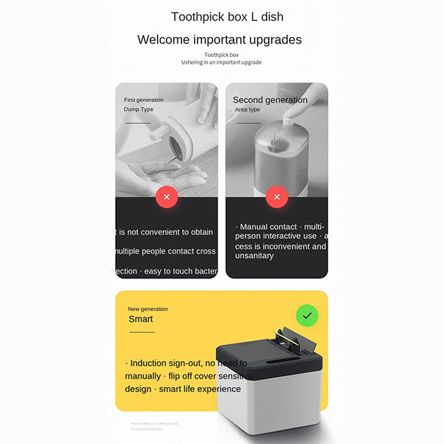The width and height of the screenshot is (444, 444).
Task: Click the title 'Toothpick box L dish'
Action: coord(227,17)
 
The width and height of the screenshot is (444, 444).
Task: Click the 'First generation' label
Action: coord(144,100)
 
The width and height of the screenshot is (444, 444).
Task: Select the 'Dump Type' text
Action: coord(139,109)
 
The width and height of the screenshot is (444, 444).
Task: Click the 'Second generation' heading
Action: coord(270,100)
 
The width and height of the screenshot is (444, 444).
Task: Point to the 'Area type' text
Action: coord(248,110)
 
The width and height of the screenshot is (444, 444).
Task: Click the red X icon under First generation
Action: coord(167,197)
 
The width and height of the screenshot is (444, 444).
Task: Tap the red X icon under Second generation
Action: coord(277,197)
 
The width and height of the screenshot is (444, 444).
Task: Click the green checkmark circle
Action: coord(307,315)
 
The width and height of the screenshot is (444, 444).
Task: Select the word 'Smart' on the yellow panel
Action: coord(140,319)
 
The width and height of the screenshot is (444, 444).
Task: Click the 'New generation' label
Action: coord(148,309)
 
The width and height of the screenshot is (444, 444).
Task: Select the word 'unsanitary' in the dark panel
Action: coord(254,256)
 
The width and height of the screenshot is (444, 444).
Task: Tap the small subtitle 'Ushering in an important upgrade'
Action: coord(221,62)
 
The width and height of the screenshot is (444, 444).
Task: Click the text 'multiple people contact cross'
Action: coord(165,251)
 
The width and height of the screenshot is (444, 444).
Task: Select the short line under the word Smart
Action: coord(142,332)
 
